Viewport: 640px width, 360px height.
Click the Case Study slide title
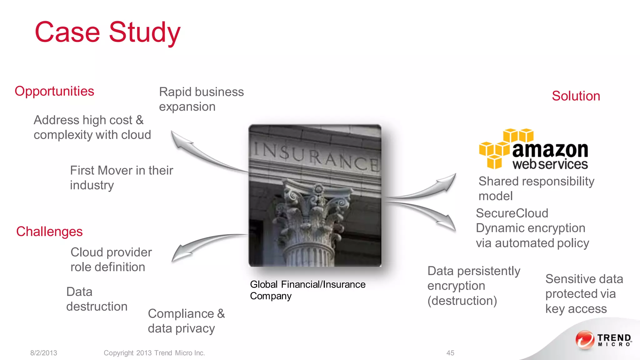(107, 32)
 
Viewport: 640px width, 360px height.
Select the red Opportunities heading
(54, 91)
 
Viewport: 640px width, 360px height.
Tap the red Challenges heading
(49, 232)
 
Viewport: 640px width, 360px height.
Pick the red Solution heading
(576, 96)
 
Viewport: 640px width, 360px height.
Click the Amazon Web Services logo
(534, 149)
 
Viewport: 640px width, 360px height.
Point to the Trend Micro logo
(603, 340)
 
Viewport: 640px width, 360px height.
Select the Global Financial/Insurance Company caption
(307, 290)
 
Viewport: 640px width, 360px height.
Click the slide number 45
(450, 353)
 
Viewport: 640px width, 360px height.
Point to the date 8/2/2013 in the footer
(44, 353)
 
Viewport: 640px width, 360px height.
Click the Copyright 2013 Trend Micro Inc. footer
(154, 353)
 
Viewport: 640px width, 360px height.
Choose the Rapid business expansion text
(201, 99)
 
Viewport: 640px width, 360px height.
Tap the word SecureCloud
(512, 213)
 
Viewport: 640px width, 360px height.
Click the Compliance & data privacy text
(186, 321)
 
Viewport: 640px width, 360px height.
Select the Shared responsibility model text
(536, 188)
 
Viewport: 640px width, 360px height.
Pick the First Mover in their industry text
(121, 177)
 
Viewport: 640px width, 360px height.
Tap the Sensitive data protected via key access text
(584, 294)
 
